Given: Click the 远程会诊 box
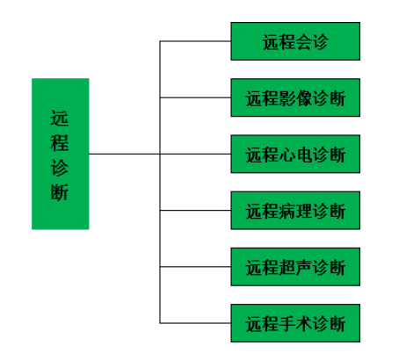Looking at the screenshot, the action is click(x=295, y=41).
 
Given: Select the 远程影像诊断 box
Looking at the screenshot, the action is click(x=295, y=97).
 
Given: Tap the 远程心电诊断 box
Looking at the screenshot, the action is click(x=295, y=154).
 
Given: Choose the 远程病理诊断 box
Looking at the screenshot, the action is click(x=295, y=211).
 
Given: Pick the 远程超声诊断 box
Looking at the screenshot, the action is click(x=295, y=267).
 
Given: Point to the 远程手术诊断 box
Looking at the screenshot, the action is click(x=295, y=323).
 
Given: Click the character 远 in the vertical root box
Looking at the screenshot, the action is click(x=60, y=119).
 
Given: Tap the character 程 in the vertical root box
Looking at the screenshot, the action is click(x=60, y=143).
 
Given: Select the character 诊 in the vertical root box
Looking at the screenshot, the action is click(x=60, y=168).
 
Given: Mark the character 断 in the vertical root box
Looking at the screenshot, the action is click(x=60, y=192).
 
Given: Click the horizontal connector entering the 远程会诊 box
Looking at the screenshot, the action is click(x=195, y=41).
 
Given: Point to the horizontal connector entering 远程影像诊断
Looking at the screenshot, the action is click(x=195, y=97).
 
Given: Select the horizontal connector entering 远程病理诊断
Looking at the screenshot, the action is click(x=195, y=211).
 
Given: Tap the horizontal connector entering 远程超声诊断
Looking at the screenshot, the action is click(x=195, y=267).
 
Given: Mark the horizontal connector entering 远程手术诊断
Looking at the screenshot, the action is click(x=195, y=323).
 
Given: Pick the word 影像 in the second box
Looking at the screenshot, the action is click(x=295, y=98).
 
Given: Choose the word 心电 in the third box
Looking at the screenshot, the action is click(x=295, y=155).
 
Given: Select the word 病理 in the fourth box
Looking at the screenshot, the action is click(x=295, y=211).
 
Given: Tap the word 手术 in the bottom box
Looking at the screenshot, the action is click(x=295, y=324).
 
